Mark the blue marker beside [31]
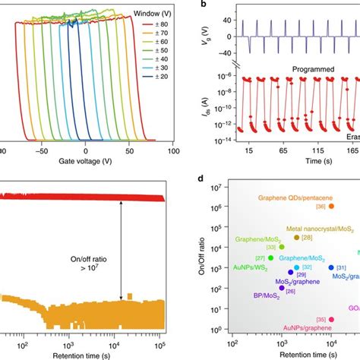tap(330, 267)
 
